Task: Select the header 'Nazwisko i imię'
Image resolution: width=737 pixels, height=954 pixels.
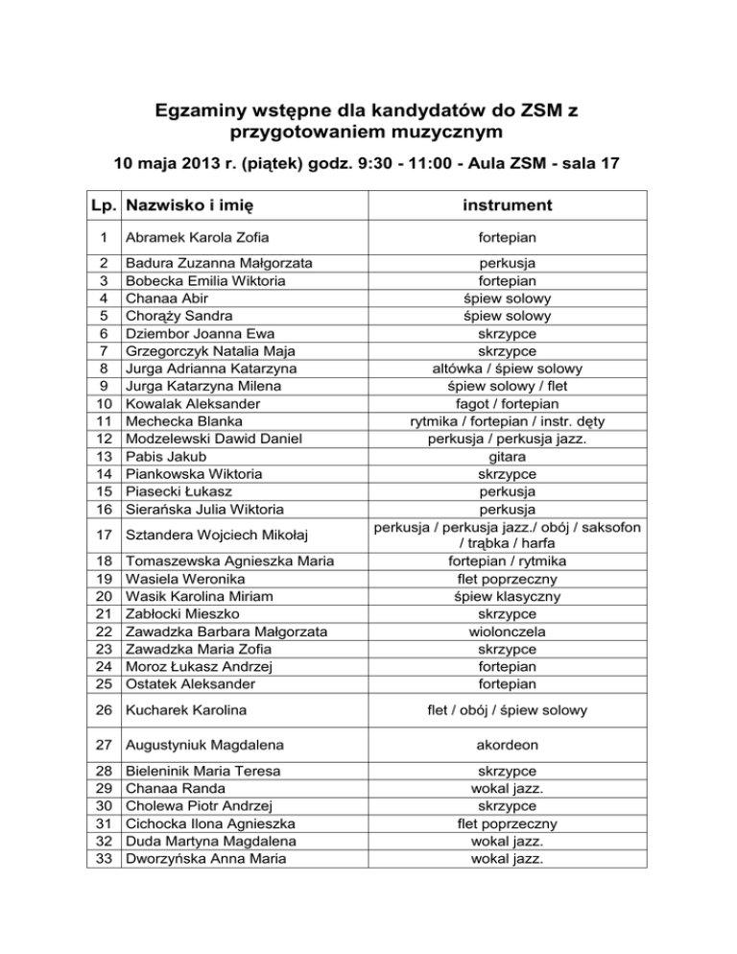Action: coord(190,204)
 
